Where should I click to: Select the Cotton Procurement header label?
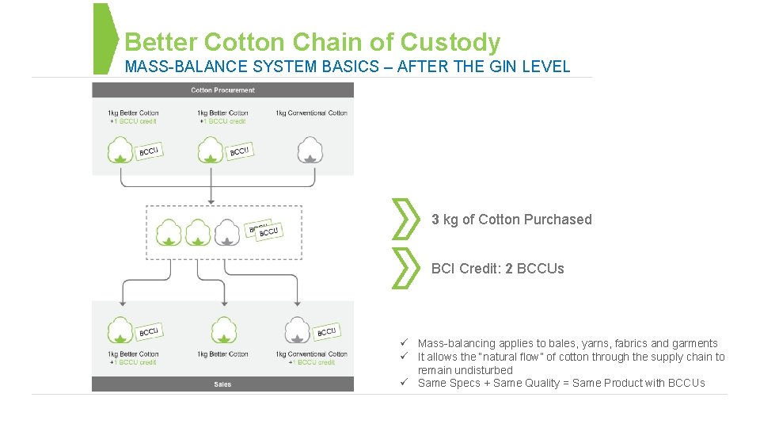[222, 90]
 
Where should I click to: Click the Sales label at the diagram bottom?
[222, 384]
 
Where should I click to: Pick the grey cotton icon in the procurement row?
[310, 149]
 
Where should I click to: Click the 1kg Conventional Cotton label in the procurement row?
[311, 113]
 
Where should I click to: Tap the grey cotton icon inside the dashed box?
[227, 231]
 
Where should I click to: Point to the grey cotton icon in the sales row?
[298, 330]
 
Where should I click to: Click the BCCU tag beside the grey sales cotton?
[326, 331]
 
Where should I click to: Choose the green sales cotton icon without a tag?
[223, 330]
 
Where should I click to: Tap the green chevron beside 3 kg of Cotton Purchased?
[405, 220]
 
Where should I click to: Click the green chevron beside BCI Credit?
[405, 268]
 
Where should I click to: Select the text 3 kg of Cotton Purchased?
[511, 220]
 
